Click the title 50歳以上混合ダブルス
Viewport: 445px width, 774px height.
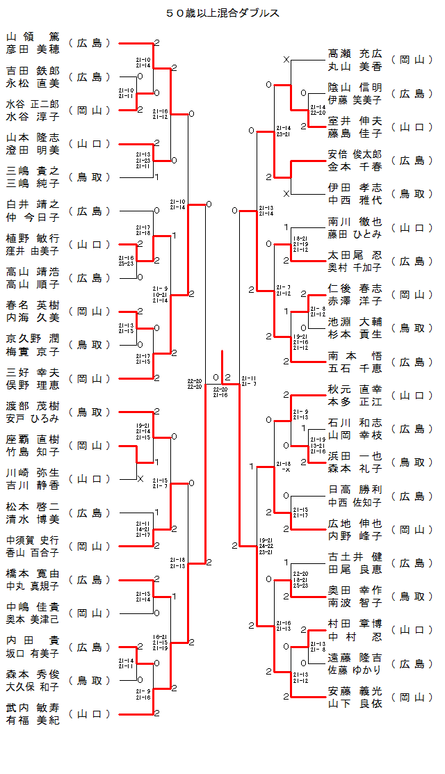click(x=222, y=13)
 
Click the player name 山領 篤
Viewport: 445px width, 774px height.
click(x=33, y=37)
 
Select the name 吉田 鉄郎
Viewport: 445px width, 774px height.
click(x=33, y=71)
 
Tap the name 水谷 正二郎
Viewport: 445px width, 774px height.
click(x=33, y=104)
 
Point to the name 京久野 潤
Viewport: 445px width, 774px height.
click(x=33, y=339)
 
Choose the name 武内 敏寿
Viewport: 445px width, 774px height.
click(x=33, y=707)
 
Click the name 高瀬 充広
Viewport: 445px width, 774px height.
click(x=355, y=54)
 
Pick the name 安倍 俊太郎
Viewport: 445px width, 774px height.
click(x=355, y=154)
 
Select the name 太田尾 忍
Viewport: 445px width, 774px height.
click(x=355, y=255)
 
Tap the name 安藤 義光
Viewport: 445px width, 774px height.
click(x=355, y=691)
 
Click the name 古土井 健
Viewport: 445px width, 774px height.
click(x=355, y=557)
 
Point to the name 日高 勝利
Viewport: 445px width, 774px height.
click(x=355, y=490)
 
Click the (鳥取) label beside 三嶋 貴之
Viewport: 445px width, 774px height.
click(x=90, y=177)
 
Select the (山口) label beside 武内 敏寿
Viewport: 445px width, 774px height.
click(x=90, y=713)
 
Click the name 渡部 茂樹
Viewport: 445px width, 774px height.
click(x=33, y=406)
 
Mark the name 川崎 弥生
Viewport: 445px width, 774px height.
click(x=33, y=473)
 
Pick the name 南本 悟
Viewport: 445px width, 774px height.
click(x=355, y=355)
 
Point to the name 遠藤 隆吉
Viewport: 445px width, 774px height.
click(x=355, y=657)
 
